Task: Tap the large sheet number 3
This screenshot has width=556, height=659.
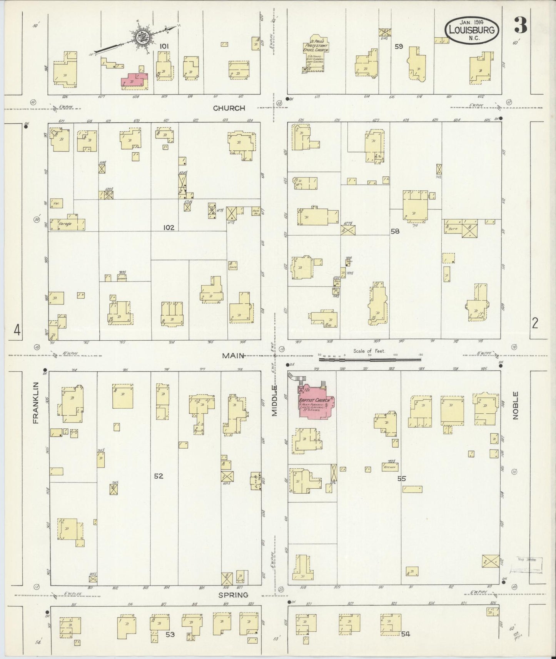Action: (x=520, y=26)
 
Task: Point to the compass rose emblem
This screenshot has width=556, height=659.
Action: (x=139, y=37)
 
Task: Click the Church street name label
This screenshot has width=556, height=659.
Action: (x=229, y=108)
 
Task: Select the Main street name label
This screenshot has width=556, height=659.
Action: (x=233, y=356)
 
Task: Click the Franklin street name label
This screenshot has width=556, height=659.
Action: (x=36, y=403)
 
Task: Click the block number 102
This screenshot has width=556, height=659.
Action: (x=169, y=228)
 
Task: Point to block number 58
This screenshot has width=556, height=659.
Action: (x=394, y=231)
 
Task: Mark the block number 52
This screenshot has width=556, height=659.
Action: (x=159, y=476)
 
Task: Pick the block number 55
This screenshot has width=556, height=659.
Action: (x=402, y=479)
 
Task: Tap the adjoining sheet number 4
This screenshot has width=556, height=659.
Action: (x=17, y=329)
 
